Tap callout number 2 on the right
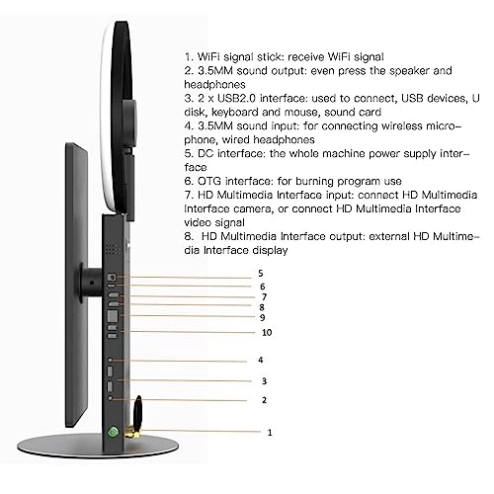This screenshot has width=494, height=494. [x=263, y=399]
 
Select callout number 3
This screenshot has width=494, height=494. [x=263, y=380]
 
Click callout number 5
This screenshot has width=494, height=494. [x=261, y=272]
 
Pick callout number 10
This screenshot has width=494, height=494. [x=266, y=332]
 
